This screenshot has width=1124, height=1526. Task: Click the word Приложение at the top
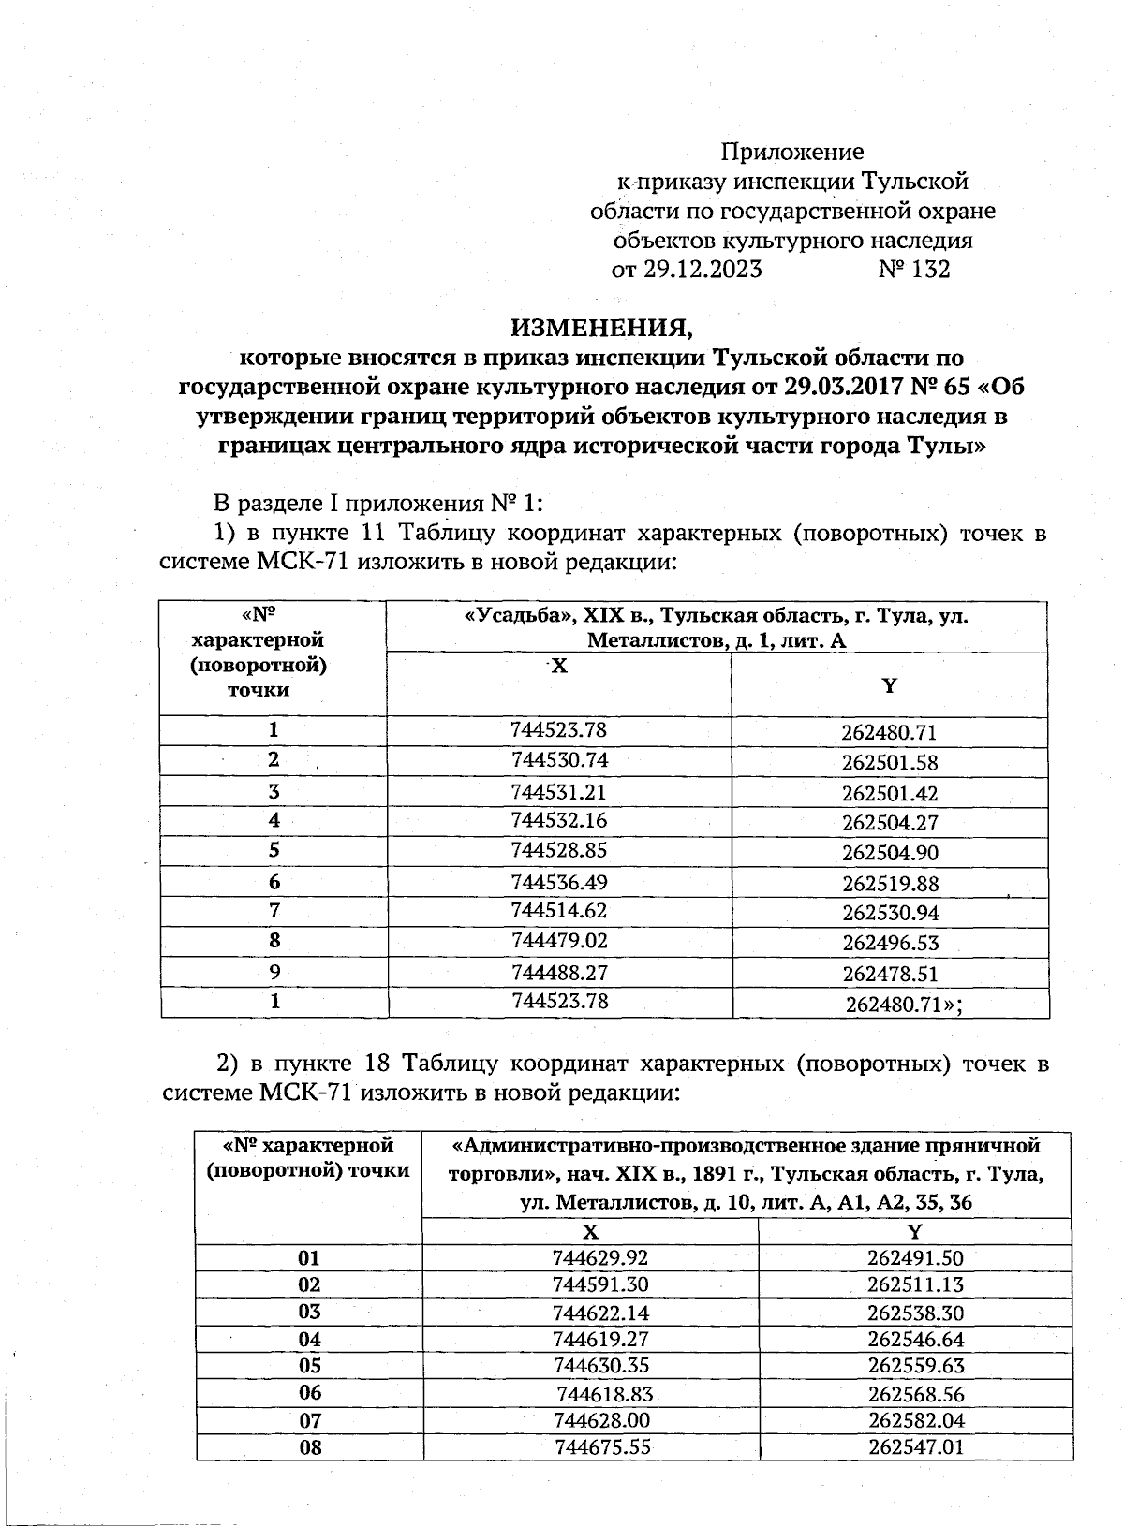click(791, 152)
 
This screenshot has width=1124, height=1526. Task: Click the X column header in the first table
click(558, 666)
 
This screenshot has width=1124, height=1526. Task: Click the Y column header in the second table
click(915, 1231)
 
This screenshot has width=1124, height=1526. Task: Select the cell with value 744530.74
click(559, 759)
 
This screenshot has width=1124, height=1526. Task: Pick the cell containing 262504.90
click(890, 853)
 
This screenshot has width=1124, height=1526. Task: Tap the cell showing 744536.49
click(559, 882)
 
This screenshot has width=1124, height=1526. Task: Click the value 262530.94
click(890, 913)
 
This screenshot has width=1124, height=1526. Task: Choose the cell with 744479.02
click(559, 940)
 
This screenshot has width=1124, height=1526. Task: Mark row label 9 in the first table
click(274, 972)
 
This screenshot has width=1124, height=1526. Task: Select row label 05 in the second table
click(309, 1366)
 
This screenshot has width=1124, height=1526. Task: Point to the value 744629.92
click(600, 1258)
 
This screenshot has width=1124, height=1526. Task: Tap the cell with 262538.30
click(915, 1313)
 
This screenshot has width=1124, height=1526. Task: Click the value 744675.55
click(602, 1447)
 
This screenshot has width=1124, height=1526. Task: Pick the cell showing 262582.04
click(915, 1420)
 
